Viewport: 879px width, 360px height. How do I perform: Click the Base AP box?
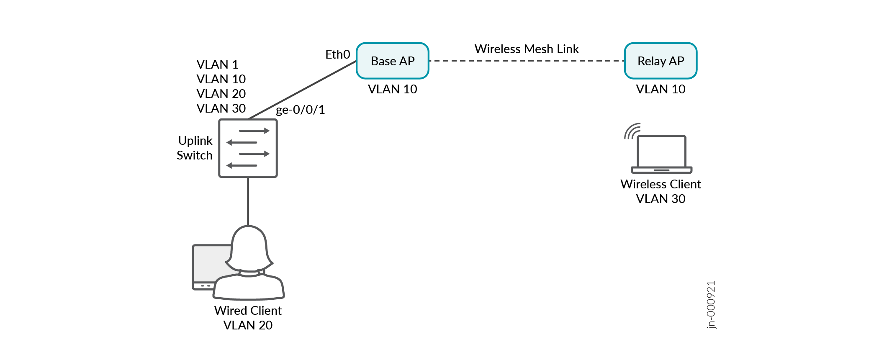392,61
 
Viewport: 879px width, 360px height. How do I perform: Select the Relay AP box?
661,61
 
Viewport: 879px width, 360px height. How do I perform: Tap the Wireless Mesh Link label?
526,49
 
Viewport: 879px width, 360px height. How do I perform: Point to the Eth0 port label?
337,54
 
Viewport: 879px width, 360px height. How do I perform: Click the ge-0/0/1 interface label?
300,110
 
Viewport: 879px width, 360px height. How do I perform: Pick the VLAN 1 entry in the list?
217,64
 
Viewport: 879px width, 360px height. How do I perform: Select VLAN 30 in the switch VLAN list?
221,108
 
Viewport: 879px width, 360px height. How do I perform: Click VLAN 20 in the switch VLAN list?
221,94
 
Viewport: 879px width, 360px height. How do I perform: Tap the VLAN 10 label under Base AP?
392,89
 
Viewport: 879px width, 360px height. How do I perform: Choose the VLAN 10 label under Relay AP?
661,89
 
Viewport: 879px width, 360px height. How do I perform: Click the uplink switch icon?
248,148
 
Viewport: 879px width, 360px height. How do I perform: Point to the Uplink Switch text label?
195,148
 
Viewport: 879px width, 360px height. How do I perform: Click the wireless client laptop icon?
661,154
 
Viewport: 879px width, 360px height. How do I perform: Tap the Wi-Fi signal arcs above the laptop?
631,131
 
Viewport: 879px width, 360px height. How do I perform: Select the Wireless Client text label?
661,184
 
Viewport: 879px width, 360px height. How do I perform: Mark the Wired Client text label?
248,311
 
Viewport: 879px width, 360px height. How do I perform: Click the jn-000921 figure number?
711,305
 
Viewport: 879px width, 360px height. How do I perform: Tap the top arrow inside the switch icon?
254,131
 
